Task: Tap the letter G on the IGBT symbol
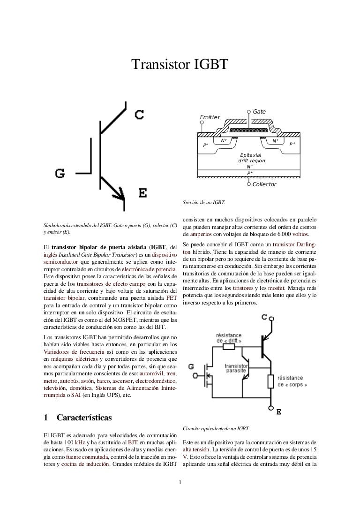60,174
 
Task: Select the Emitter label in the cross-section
210,117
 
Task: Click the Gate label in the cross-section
259,112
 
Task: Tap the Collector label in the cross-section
264,184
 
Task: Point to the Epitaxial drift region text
252,158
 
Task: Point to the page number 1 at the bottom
180,482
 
